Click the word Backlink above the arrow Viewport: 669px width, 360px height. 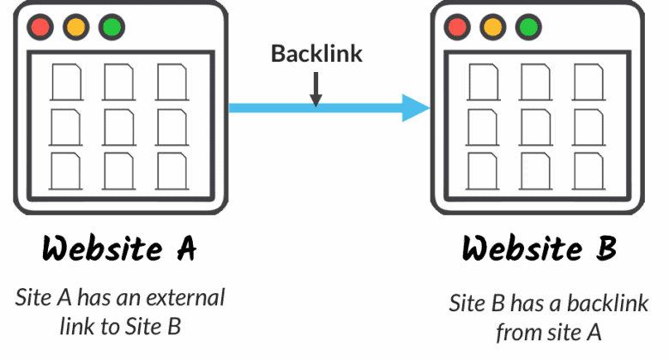[316, 54]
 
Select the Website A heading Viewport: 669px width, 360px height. [120, 249]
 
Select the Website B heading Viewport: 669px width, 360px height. [539, 249]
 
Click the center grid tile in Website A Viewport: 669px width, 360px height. [118, 125]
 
